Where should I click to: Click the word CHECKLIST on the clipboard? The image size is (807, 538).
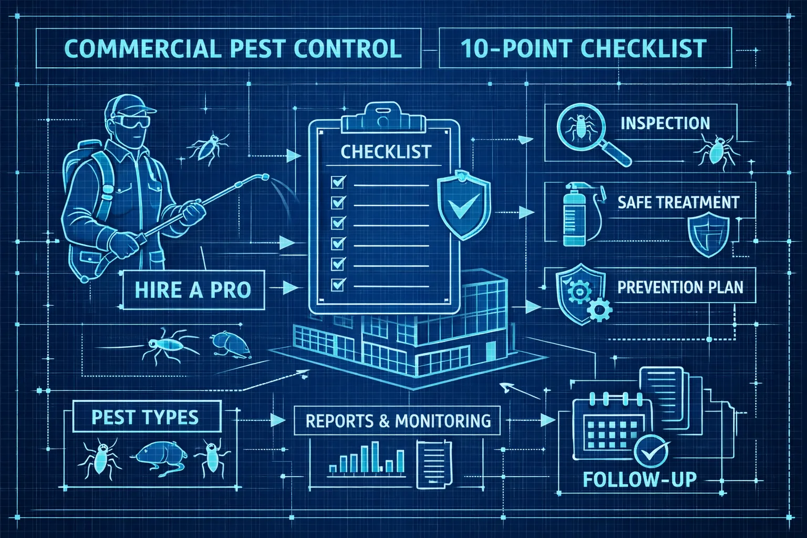point(386,152)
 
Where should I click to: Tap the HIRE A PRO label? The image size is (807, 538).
point(193,289)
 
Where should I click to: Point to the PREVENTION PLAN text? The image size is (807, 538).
point(680,287)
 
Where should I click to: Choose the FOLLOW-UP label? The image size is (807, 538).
point(640,480)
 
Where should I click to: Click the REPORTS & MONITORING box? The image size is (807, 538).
point(397,420)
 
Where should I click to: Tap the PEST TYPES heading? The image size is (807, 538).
point(145,417)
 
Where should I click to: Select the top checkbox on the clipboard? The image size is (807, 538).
point(338,182)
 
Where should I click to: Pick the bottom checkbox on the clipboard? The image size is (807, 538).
point(338,285)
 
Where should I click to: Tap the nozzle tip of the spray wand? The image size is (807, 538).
point(265,177)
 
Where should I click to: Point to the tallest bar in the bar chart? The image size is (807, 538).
point(375,457)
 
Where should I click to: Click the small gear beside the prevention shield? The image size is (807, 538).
point(599,309)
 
